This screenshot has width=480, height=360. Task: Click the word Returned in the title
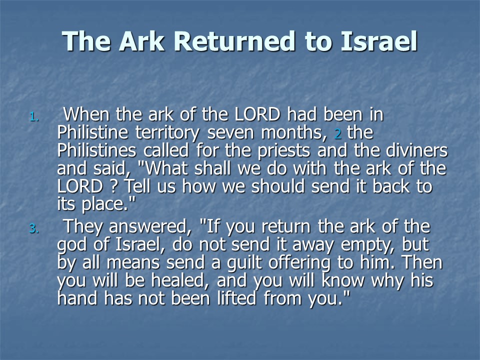coord(234,41)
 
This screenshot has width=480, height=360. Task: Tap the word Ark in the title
coord(141,41)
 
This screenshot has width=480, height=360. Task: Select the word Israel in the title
coord(379,41)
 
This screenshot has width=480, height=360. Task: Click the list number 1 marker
coord(34,117)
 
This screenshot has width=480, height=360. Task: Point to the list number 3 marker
coord(34,228)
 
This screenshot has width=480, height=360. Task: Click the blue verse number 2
coord(338,134)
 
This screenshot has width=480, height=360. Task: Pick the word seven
coord(231,133)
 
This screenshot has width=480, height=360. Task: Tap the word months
coord(294,132)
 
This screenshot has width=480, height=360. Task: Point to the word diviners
coord(417,150)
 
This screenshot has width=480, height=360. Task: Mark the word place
coord(108,204)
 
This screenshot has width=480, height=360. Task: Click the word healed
coord(180,280)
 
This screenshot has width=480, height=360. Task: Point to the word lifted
coord(236,298)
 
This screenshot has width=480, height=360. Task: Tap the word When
coord(86,114)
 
